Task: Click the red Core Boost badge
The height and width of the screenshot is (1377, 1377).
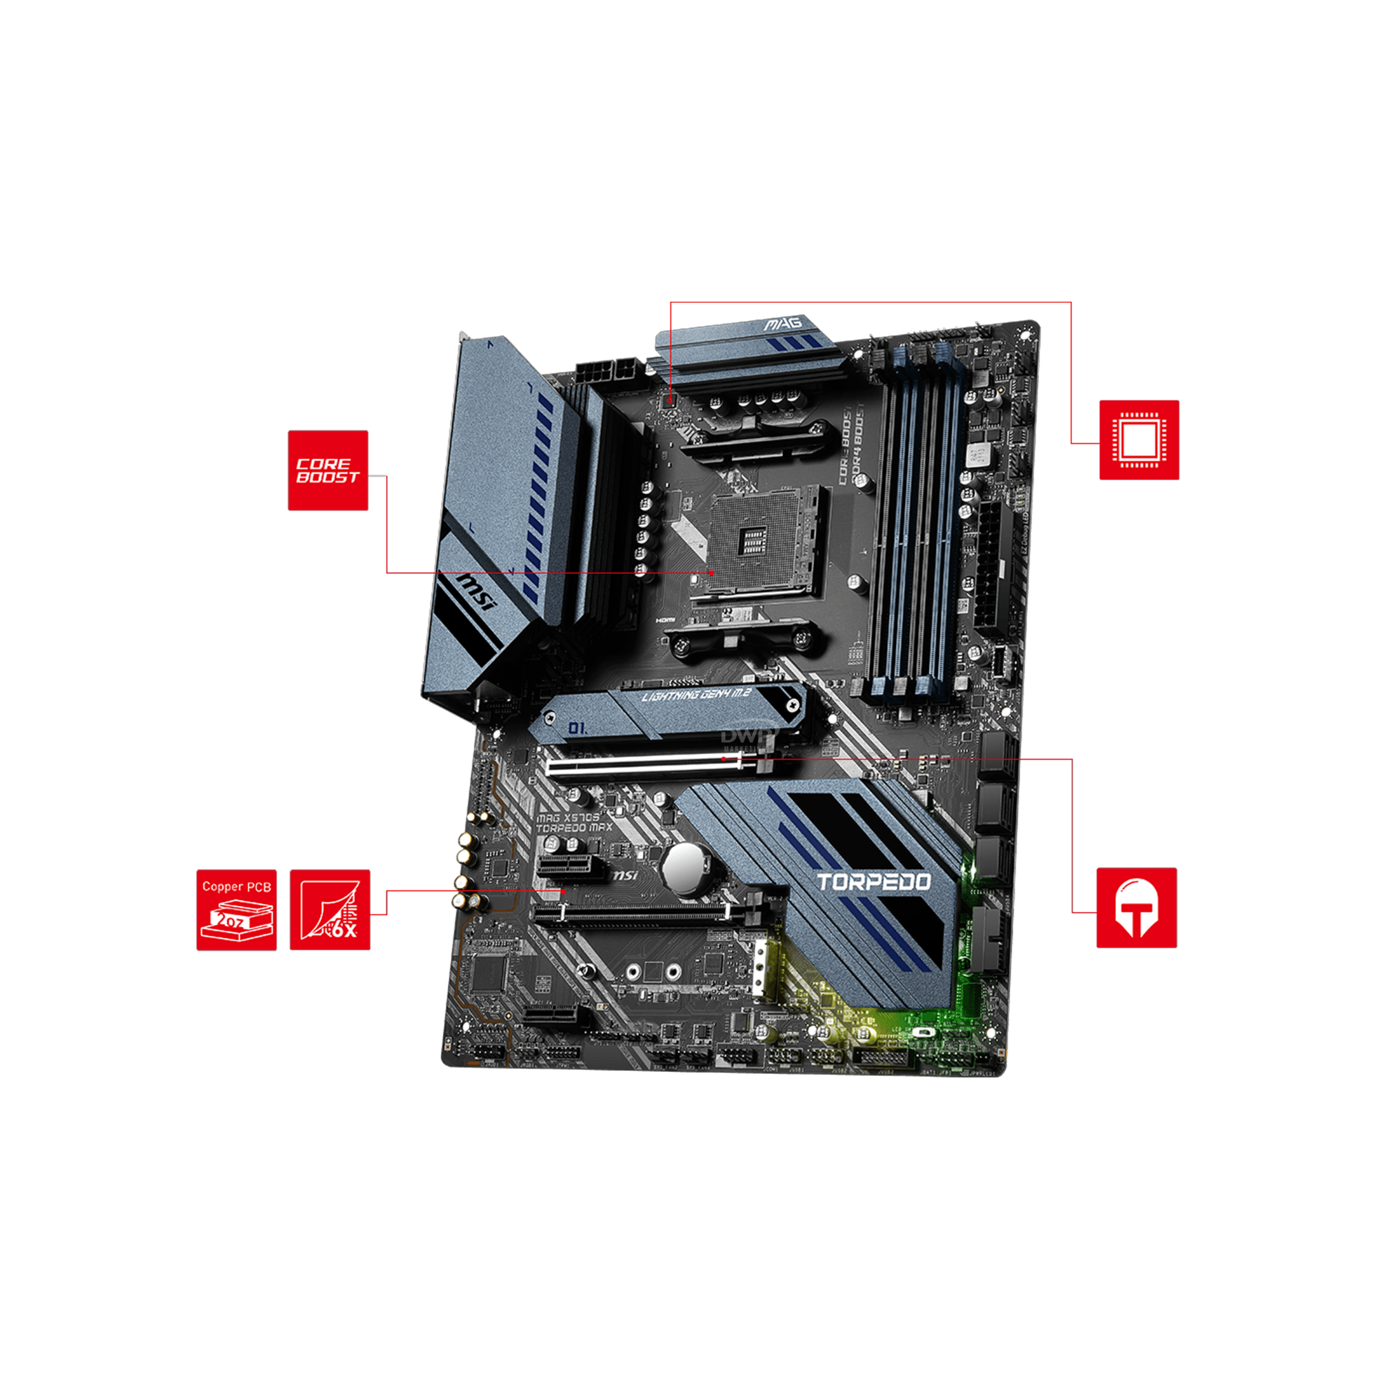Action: pyautogui.click(x=328, y=471)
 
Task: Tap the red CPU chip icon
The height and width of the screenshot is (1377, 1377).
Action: pyautogui.click(x=1139, y=440)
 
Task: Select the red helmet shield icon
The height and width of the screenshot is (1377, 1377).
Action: pyautogui.click(x=1136, y=907)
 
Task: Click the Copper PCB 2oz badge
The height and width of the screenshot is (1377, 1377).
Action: pyautogui.click(x=237, y=910)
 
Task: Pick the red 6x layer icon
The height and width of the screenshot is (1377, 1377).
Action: pyautogui.click(x=330, y=910)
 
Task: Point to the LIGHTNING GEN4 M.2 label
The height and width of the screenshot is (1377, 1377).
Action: pyautogui.click(x=697, y=695)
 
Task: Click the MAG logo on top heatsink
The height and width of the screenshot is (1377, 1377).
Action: pyautogui.click(x=783, y=324)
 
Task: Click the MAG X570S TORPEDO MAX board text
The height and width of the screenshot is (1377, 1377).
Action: pyautogui.click(x=574, y=822)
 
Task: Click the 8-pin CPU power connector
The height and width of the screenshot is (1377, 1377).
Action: pyautogui.click(x=606, y=371)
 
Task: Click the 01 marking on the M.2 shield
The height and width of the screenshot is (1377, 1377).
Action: pyautogui.click(x=577, y=728)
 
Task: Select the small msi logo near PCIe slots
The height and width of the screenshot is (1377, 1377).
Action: pyautogui.click(x=625, y=875)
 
